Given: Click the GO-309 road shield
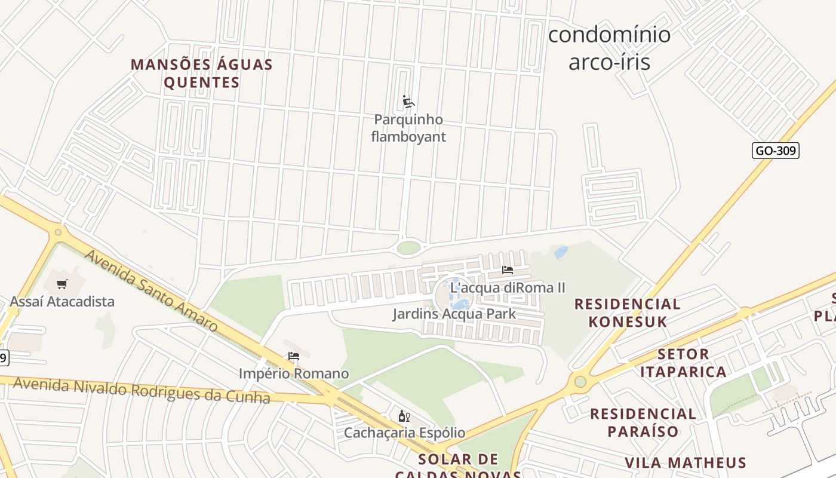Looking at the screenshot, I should pos(775,151).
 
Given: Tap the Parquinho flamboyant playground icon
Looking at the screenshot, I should pos(408,102).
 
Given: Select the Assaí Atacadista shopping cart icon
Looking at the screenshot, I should pos(62,284).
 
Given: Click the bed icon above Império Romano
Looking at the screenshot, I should pos(294,357).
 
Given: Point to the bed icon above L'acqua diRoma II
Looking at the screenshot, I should pos(508,270).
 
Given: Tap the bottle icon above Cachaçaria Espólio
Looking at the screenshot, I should pos(404,416).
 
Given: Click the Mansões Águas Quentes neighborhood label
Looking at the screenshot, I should pos(202,73).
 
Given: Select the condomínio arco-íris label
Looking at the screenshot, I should pos(609,48).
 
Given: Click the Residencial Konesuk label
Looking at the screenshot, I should pos(627,312).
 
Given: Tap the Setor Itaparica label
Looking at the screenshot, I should pos(683,363).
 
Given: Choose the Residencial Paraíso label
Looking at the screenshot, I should pos(643,422).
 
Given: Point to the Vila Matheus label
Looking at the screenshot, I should pos(686,462).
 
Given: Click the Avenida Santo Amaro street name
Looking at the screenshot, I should pos(150,290).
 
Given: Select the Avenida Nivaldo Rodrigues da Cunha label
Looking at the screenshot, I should pos(142,390).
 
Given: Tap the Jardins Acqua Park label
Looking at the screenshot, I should pos(454,314).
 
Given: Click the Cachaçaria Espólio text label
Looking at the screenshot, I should pos(404,433).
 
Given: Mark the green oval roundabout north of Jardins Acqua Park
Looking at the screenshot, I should pos(408,247).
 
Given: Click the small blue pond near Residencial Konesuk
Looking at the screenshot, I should pos(561,252).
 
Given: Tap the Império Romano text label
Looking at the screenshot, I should pos(294,374).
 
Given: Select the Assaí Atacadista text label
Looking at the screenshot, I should pos(62,301).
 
